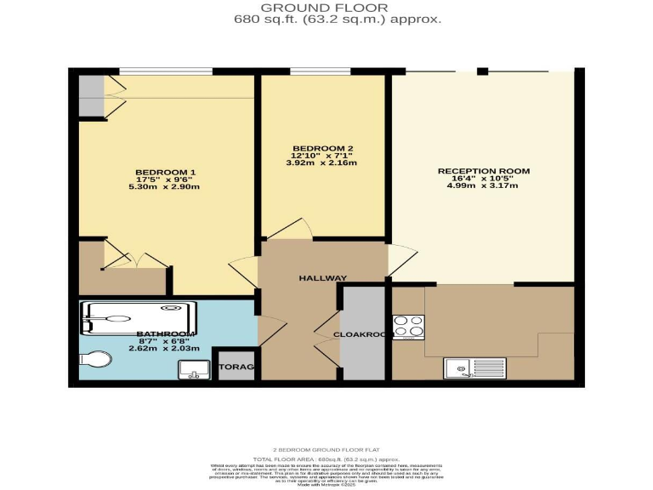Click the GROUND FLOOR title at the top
click(x=326, y=7)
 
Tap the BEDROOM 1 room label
click(x=166, y=173)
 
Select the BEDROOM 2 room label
click(x=322, y=148)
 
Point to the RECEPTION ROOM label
click(x=483, y=171)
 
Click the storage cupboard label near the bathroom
click(x=238, y=367)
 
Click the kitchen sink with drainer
click(x=474, y=368)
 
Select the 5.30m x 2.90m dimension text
click(x=167, y=187)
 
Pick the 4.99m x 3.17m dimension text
click(x=483, y=186)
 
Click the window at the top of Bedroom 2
click(x=320, y=71)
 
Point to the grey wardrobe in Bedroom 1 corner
click(x=90, y=95)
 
